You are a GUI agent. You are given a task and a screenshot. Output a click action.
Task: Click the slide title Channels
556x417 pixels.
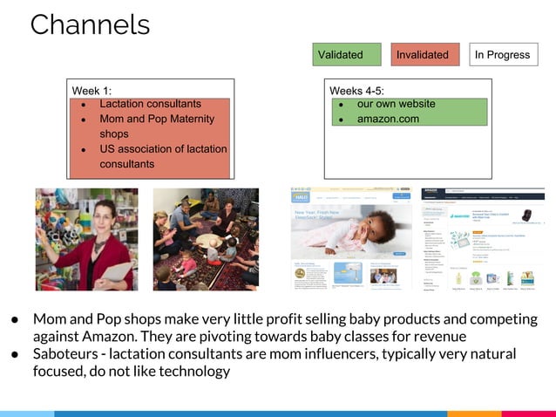coord(90,24)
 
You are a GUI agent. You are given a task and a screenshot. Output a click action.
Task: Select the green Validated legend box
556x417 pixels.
coord(347,55)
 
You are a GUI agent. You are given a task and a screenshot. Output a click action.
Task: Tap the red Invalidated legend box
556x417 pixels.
coord(424,55)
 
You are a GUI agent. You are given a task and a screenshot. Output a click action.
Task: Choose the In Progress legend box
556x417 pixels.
coord(502,55)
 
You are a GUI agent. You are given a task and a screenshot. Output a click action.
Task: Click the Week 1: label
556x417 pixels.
coord(92,91)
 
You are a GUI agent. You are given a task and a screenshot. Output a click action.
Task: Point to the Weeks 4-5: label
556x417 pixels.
coord(356,91)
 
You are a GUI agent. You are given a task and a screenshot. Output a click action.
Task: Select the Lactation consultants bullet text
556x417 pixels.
coord(150,104)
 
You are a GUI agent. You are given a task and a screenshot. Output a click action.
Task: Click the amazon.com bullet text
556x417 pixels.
coord(388,119)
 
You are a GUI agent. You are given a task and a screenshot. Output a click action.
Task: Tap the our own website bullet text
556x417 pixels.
coord(396,104)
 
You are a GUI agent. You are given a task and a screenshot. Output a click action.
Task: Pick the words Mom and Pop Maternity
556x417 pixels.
coord(157,119)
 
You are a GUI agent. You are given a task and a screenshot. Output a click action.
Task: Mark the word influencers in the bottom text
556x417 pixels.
coord(356,354)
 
